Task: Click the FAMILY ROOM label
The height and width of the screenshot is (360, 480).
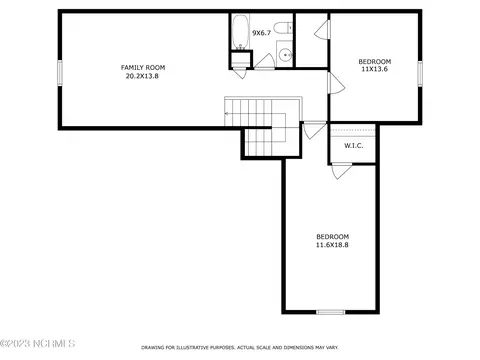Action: click(143, 67)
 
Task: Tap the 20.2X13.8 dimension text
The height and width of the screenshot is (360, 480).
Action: click(142, 76)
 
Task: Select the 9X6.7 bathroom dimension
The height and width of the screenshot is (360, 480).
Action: click(261, 33)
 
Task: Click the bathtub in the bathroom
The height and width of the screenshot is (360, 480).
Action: click(240, 32)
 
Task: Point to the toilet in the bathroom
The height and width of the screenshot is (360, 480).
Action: click(284, 27)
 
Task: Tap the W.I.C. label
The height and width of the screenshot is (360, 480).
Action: click(354, 146)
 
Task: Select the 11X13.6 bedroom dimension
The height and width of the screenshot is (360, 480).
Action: click(375, 69)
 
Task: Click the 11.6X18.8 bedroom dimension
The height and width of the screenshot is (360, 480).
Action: click(332, 245)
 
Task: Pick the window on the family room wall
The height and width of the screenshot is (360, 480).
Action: click(60, 72)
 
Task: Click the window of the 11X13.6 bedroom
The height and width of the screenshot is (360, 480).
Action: click(420, 72)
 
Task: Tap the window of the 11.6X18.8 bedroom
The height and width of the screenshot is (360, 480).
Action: click(330, 312)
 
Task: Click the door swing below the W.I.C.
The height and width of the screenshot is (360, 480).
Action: click(341, 171)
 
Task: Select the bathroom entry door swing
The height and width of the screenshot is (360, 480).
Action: click(265, 62)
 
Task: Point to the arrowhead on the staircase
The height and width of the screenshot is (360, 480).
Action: click(226, 114)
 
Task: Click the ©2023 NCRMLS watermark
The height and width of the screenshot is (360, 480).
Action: click(38, 343)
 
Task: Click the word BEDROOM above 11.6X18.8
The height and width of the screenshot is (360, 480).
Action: click(332, 237)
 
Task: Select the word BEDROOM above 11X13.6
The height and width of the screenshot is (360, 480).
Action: click(375, 61)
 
